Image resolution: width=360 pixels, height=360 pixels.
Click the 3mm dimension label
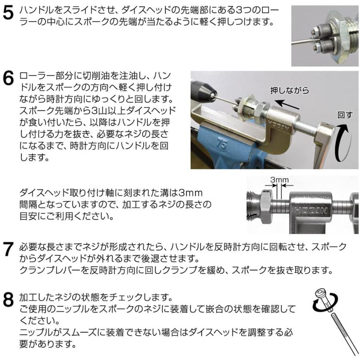point(279,180)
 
